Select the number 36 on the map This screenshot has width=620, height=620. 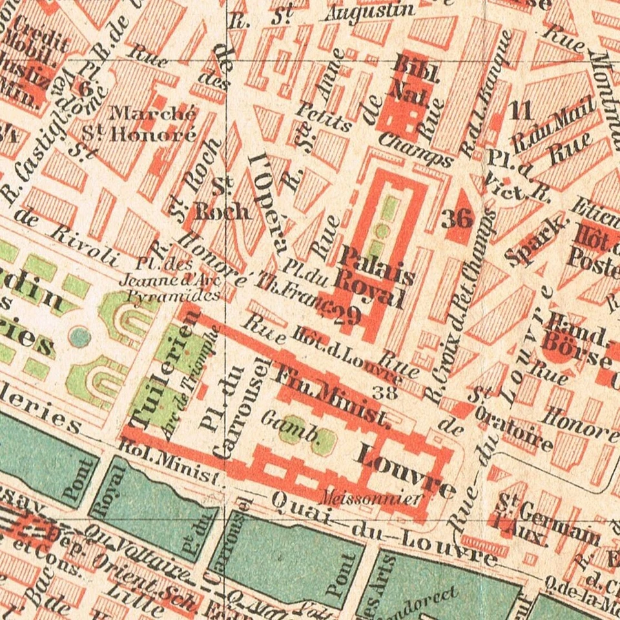pyautogui.click(x=457, y=220)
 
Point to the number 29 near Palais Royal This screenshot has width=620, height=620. pyautogui.click(x=347, y=316)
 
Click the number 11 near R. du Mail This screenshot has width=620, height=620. pyautogui.click(x=520, y=111)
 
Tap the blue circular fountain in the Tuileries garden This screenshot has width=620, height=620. pyautogui.click(x=80, y=336)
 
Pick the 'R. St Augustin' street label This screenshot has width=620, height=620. pyautogui.click(x=322, y=15)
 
